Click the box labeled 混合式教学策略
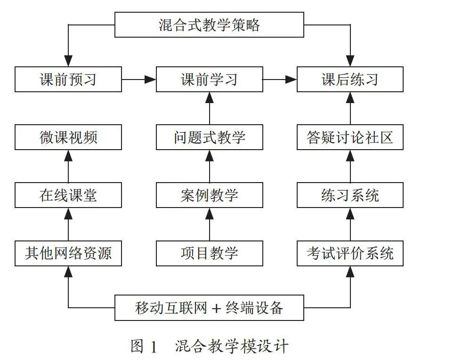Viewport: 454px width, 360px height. point(209,24)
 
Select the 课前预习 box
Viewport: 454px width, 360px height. point(68,79)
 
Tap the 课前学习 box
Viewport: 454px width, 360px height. point(209,79)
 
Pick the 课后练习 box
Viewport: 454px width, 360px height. point(350,79)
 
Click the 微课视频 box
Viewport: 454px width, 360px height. point(68,137)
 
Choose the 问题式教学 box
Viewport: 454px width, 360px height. point(209,137)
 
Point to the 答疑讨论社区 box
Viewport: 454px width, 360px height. point(350,137)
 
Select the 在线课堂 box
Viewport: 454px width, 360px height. point(68,195)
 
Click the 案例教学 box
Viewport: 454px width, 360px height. point(209,195)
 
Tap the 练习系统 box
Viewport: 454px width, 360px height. point(350,195)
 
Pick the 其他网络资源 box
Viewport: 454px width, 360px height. point(68,253)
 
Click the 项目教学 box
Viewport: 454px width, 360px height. point(209,253)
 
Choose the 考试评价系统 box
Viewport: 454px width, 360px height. point(350,253)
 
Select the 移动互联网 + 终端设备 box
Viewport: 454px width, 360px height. point(209,308)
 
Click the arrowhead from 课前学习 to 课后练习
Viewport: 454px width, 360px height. point(291,79)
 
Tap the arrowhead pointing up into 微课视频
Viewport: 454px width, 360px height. point(68,156)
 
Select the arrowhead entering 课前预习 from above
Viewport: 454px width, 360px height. point(68,61)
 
